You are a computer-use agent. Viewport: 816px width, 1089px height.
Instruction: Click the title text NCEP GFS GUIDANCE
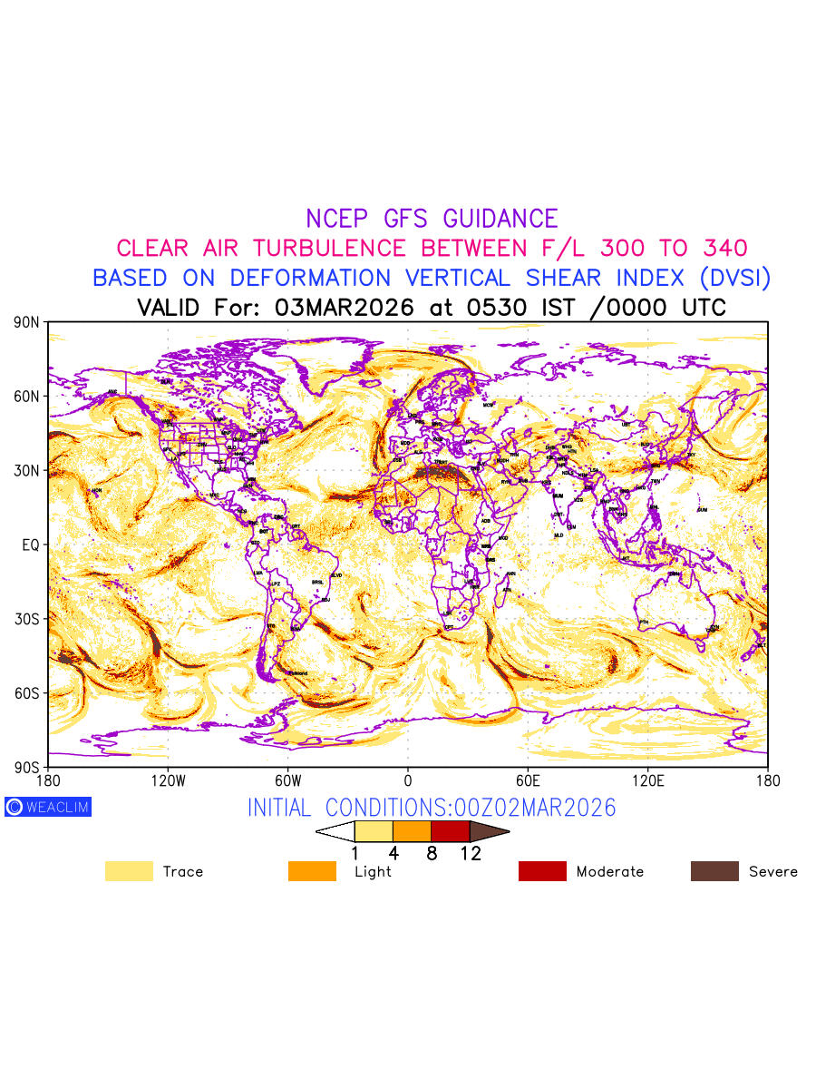(432, 219)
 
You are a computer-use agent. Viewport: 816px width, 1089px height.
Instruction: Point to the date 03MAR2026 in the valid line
(344, 308)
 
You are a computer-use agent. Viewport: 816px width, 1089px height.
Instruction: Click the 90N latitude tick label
(26, 322)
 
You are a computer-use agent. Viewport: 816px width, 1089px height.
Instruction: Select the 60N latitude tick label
(26, 397)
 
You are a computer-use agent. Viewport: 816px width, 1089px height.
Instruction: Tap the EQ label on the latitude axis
(31, 544)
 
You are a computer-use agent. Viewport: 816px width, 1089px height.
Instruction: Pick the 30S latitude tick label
(26, 619)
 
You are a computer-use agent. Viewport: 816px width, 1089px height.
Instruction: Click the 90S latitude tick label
(26, 767)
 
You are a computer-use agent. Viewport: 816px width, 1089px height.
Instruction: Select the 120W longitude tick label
(168, 780)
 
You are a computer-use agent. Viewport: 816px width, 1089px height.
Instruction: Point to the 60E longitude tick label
(528, 780)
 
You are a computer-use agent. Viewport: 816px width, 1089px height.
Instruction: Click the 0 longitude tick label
(408, 780)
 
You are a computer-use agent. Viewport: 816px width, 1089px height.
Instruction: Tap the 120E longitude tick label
(648, 780)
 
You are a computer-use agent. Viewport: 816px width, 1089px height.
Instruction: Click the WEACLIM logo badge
(48, 807)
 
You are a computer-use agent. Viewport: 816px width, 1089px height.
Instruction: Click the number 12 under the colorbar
(471, 854)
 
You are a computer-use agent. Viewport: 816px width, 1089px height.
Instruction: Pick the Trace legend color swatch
(129, 871)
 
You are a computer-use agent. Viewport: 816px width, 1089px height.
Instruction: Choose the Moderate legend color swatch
(542, 871)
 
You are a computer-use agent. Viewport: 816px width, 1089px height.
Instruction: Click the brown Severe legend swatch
(714, 871)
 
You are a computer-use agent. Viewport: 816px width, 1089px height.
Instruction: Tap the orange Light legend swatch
(312, 871)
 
